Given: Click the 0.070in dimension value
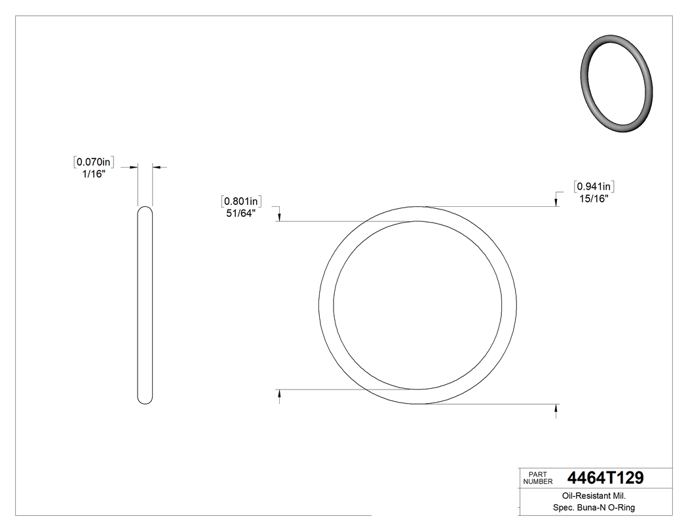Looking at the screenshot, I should pyautogui.click(x=95, y=161).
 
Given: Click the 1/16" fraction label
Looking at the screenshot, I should pyautogui.click(x=92, y=174).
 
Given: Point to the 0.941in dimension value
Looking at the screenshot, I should pyautogui.click(x=594, y=187).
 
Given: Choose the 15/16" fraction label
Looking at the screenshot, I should pyautogui.click(x=594, y=199).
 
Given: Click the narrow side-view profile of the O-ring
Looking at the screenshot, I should pyautogui.click(x=145, y=304).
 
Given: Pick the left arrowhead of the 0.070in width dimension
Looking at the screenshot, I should pyautogui.click(x=134, y=168).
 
